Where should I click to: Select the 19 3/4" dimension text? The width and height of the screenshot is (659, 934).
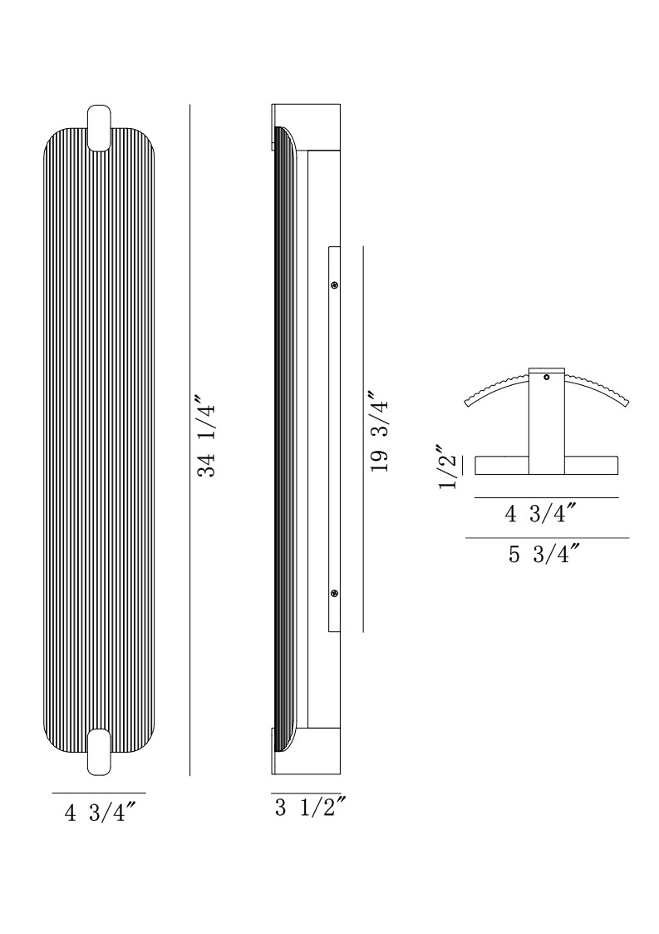(379, 432)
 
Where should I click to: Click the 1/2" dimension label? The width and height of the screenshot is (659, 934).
(449, 467)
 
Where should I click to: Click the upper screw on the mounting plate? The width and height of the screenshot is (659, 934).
(335, 286)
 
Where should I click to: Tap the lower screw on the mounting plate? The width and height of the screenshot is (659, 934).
(335, 593)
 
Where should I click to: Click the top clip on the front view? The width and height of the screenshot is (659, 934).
(99, 127)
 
